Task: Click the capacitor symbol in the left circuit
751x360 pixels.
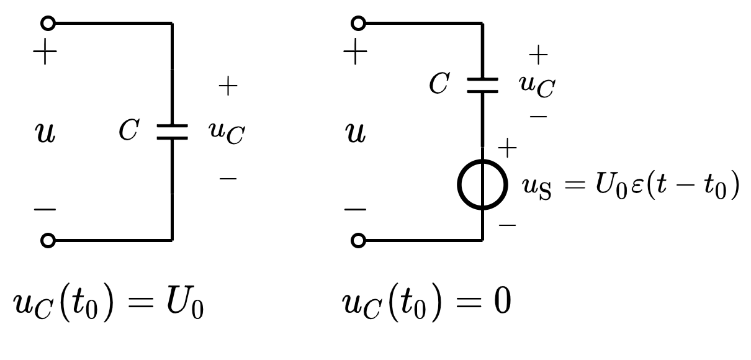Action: (x=172, y=132)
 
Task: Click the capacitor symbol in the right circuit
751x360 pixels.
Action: (x=482, y=85)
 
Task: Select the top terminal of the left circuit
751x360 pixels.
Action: (x=47, y=24)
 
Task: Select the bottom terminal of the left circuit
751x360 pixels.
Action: (x=47, y=240)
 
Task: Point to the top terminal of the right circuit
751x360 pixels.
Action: (x=358, y=24)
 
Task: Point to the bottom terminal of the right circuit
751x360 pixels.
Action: (x=358, y=240)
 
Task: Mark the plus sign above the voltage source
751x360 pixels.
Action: (x=507, y=148)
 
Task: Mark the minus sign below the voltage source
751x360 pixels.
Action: (x=507, y=223)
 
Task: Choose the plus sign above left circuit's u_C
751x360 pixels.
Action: (x=228, y=87)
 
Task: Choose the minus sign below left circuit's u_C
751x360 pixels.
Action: (x=228, y=179)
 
